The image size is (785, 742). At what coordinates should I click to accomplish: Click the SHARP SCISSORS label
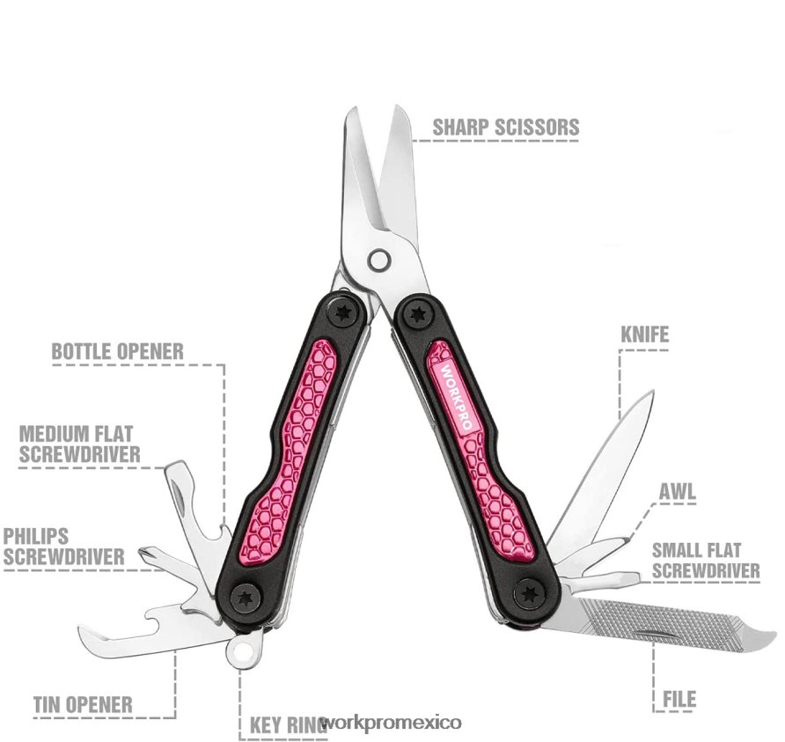click(506, 127)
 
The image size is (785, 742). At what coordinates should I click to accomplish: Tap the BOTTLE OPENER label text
click(118, 351)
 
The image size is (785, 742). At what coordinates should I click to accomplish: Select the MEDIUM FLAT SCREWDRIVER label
click(79, 444)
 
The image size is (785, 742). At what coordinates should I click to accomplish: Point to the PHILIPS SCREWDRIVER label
click(63, 547)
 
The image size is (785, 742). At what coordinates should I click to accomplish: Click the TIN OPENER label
click(83, 705)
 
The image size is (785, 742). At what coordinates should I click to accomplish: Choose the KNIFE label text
click(645, 334)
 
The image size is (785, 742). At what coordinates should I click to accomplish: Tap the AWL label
click(678, 492)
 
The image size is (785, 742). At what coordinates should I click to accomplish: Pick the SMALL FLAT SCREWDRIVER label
click(706, 561)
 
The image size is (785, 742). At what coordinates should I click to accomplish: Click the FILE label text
click(679, 699)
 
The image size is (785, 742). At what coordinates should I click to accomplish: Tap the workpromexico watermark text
click(391, 723)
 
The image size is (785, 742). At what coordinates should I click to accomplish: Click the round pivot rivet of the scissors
click(378, 260)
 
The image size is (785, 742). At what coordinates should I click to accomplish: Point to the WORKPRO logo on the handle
click(456, 396)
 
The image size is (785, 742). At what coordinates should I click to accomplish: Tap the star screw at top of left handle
click(343, 313)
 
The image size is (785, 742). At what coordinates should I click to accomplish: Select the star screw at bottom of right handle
click(530, 595)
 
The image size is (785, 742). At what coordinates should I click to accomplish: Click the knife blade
click(602, 471)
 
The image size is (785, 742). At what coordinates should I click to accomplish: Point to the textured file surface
click(661, 621)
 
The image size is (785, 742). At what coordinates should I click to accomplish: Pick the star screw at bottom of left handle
click(246, 598)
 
